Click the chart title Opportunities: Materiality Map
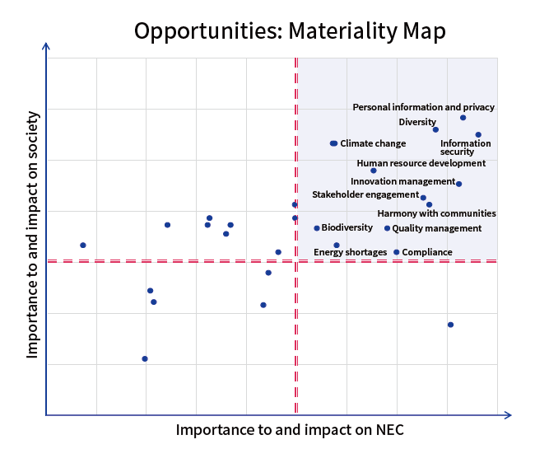289,31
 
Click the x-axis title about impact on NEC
290,430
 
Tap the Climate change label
373,143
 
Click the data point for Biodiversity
317,228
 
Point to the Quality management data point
387,228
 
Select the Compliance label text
427,252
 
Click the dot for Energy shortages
336,245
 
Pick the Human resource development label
421,163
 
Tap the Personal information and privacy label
423,107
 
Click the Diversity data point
435,129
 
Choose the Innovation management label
402,181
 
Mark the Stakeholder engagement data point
423,198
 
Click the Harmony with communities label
436,214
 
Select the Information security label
465,147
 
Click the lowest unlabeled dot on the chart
145,358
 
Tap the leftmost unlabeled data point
83,245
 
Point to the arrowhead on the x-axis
508,415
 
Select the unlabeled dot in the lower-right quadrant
450,325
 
